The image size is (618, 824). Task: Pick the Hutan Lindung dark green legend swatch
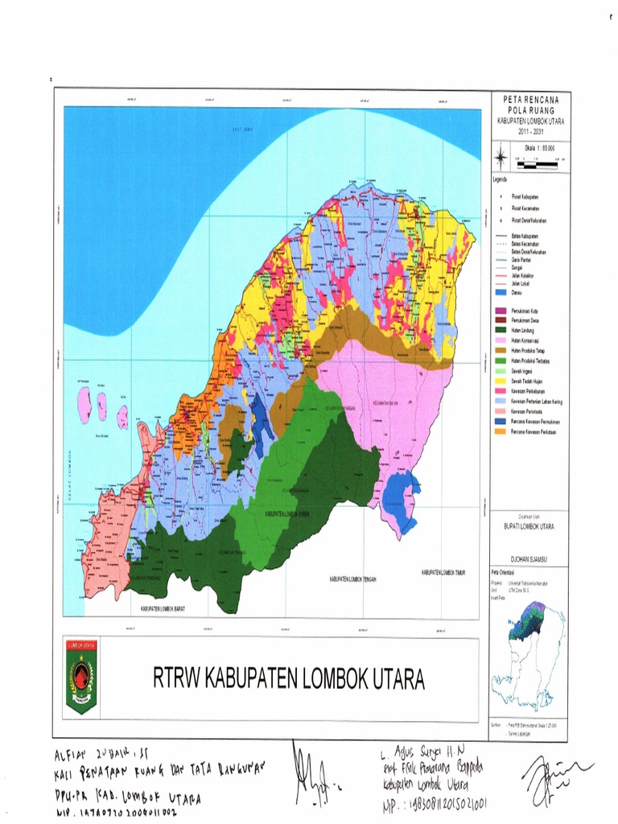(499, 330)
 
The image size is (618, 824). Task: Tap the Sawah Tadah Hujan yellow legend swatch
(499, 381)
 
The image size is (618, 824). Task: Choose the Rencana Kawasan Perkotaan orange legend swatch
(499, 432)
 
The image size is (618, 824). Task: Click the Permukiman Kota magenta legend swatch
(499, 310)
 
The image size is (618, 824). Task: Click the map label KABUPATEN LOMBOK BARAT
(162, 609)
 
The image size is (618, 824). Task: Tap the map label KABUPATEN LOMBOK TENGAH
(353, 579)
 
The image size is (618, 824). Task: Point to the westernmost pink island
(84, 404)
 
